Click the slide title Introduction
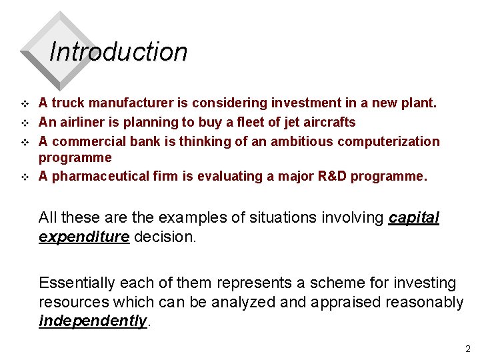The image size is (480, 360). [x=118, y=52]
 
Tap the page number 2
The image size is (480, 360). [x=467, y=348]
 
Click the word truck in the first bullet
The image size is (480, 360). [x=68, y=103]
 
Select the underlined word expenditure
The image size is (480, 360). [x=83, y=237]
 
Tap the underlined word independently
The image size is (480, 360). [x=93, y=321]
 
